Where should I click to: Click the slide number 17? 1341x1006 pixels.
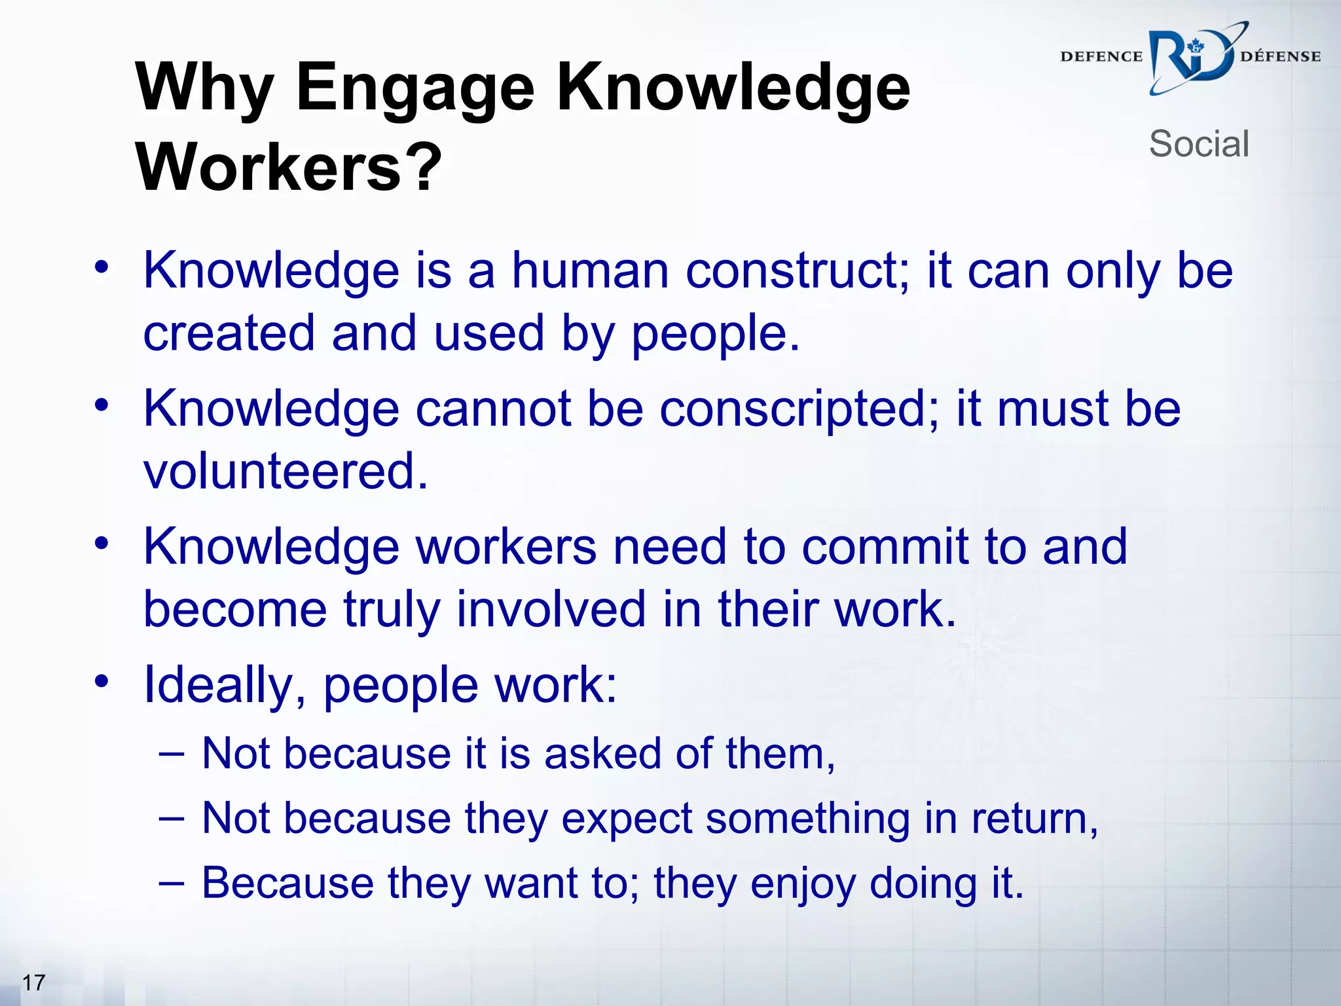coord(33,982)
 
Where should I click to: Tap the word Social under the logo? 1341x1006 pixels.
coord(1199,143)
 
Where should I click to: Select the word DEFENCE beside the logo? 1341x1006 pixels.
coord(1101,57)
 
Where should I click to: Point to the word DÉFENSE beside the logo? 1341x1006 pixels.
coord(1280,57)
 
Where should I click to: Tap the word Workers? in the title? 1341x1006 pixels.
coord(289,167)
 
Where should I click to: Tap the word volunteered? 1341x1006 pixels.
coord(285,470)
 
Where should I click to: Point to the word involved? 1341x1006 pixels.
coord(551,609)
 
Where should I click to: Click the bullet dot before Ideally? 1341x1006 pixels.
coord(101,681)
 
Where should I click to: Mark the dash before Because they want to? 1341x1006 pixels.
coord(171,882)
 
